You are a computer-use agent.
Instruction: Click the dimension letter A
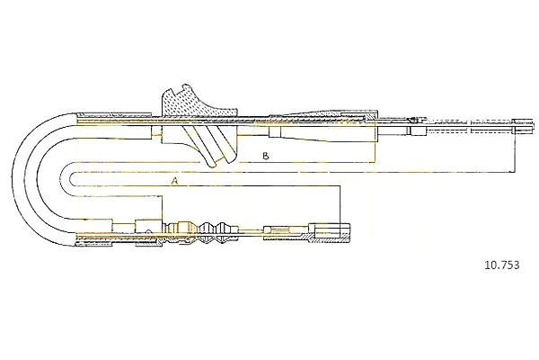175,181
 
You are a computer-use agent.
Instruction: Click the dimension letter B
265,156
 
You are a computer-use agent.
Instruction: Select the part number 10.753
502,265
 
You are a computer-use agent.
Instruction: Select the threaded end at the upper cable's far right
523,126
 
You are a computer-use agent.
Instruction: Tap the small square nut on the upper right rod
418,130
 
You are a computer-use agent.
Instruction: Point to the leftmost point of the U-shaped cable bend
12,179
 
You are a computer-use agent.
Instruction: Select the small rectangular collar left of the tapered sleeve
275,131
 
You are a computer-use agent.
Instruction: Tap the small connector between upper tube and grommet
156,130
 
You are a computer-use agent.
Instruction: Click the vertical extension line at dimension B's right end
374,140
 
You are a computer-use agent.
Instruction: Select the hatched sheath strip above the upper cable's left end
113,114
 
